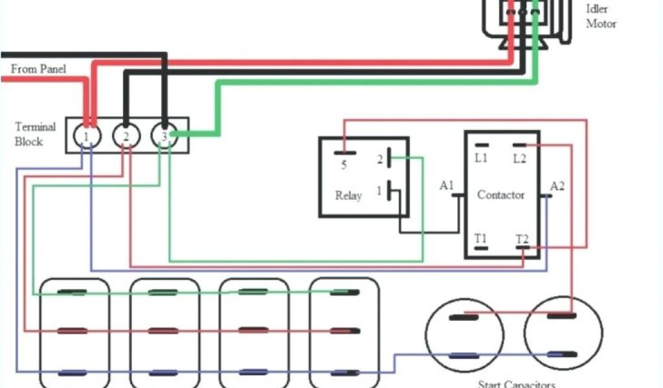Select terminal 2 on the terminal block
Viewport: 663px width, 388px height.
pos(126,136)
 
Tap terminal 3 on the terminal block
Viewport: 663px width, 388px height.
pos(164,136)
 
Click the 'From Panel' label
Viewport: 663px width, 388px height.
pos(38,69)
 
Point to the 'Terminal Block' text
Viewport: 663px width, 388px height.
pos(36,134)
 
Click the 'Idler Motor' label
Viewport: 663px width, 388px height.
pos(601,16)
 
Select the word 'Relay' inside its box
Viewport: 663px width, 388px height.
pos(348,195)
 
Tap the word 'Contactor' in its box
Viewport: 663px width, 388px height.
pos(500,195)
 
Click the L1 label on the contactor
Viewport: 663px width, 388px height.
pos(481,158)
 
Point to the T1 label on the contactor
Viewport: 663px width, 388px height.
pos(480,239)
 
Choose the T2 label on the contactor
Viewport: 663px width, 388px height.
pos(522,239)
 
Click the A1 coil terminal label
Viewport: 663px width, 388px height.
pos(447,186)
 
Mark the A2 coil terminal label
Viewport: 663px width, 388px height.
pos(557,186)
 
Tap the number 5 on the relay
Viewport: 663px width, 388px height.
pos(344,165)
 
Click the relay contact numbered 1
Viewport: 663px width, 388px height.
pos(379,191)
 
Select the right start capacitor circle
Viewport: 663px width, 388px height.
pos(563,332)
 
